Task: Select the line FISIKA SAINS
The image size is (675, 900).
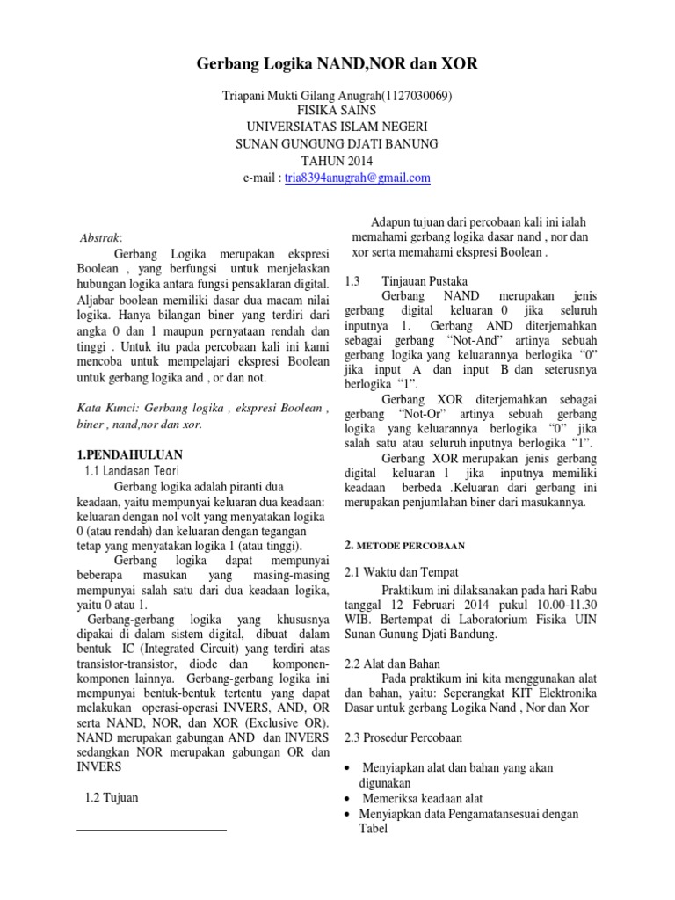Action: coord(337,112)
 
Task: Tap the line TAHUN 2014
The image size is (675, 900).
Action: coord(337,161)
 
